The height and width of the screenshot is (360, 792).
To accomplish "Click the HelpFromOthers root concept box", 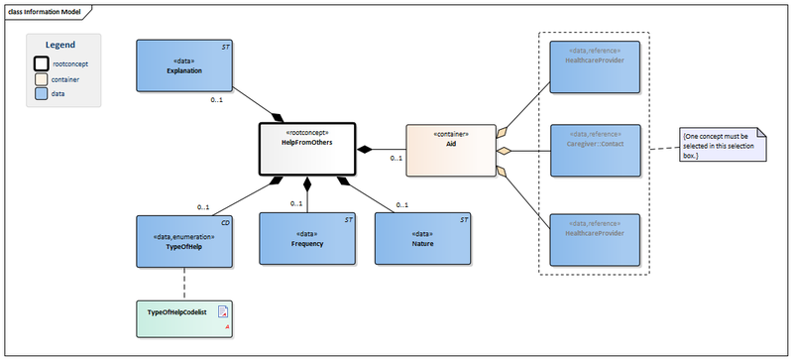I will [306, 150].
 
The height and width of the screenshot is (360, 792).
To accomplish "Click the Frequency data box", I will [307, 242].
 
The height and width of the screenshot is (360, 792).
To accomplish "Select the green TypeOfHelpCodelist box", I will [184, 312].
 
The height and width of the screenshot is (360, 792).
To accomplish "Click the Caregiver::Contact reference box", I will [595, 150].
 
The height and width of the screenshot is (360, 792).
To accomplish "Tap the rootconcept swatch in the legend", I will [42, 64].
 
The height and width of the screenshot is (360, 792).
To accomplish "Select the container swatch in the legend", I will [42, 79].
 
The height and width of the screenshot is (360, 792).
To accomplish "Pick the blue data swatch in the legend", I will [42, 93].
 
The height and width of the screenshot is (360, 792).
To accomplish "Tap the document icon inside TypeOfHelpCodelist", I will [223, 310].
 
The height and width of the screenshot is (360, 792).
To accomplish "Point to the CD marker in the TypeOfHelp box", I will [225, 223].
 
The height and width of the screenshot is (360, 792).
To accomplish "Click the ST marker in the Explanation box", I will [226, 47].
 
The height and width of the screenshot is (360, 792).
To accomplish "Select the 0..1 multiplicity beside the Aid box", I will [396, 158].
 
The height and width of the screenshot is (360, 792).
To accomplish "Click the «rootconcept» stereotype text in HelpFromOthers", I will [306, 132].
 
